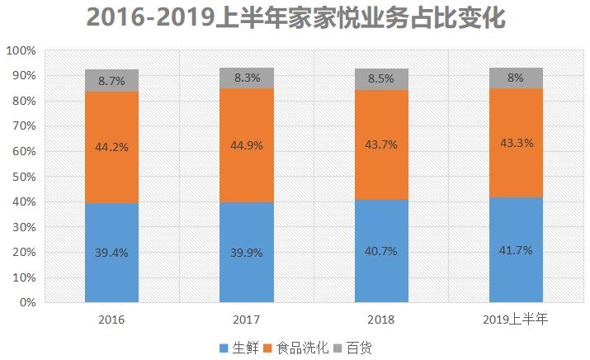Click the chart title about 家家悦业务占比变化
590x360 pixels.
pyautogui.click(x=295, y=18)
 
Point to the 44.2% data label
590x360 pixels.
pyautogui.click(x=111, y=147)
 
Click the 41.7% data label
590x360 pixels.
pyautogui.click(x=516, y=249)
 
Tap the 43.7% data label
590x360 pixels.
pyautogui.click(x=381, y=144)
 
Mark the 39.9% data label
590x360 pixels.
pyautogui.click(x=247, y=253)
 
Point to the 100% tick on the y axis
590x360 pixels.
pyautogui.click(x=21, y=51)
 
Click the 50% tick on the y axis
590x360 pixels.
pyautogui.click(x=23, y=177)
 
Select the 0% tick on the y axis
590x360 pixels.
pyautogui.click(x=26, y=303)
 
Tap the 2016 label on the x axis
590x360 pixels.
pyautogui.click(x=111, y=319)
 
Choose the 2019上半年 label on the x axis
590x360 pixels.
pyautogui.click(x=516, y=319)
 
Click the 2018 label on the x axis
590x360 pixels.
pyautogui.click(x=381, y=319)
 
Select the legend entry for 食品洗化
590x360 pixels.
pyautogui.click(x=301, y=348)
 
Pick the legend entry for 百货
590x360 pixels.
pyautogui.click(x=357, y=348)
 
